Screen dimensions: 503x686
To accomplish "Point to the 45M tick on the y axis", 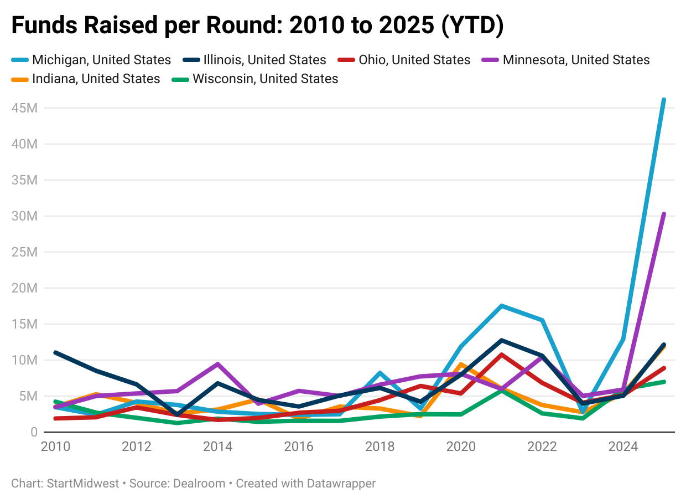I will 24,108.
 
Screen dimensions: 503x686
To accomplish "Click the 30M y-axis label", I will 24,216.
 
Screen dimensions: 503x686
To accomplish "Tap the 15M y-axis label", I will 24,324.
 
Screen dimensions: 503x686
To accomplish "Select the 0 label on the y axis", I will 33,432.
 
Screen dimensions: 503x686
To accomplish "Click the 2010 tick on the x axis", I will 55,446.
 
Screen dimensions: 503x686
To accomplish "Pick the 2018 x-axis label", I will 380,446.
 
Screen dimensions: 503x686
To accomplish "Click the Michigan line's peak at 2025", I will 663,100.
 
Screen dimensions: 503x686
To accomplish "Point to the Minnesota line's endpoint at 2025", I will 663,214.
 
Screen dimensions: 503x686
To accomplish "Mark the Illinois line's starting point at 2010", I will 55,352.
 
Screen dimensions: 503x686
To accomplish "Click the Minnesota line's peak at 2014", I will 218,364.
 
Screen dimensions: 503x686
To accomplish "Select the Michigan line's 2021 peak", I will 501,306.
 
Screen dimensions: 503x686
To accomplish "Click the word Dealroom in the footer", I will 199,484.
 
